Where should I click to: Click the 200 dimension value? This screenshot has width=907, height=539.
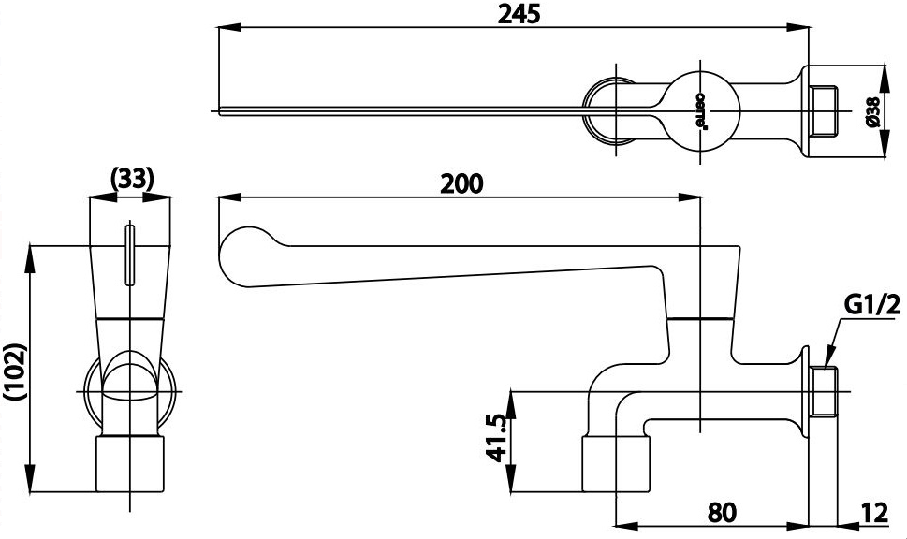[461, 182]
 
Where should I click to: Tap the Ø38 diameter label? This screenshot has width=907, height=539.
[870, 112]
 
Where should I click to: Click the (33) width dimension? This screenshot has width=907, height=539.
[131, 178]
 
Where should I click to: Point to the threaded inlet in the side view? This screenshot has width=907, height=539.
[825, 391]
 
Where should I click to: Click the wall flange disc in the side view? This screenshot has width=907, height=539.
[805, 391]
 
